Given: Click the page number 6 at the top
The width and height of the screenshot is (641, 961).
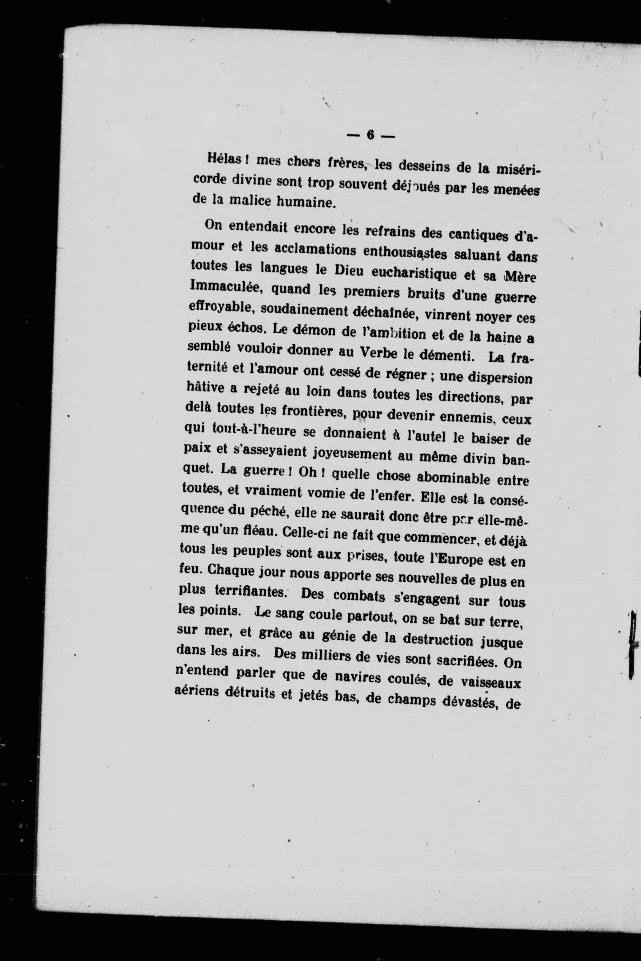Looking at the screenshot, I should (x=371, y=135).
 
